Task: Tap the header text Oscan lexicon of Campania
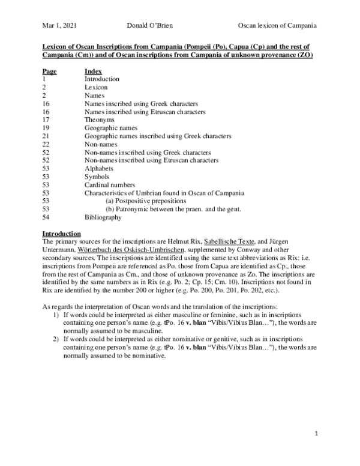pyautogui.click(x=277, y=26)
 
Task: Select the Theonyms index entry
pyautogui.click(x=100, y=120)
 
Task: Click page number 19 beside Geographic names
pyautogui.click(x=46, y=128)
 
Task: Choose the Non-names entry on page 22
pyautogui.click(x=101, y=144)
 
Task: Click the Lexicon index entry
pyautogui.click(x=97, y=87)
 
